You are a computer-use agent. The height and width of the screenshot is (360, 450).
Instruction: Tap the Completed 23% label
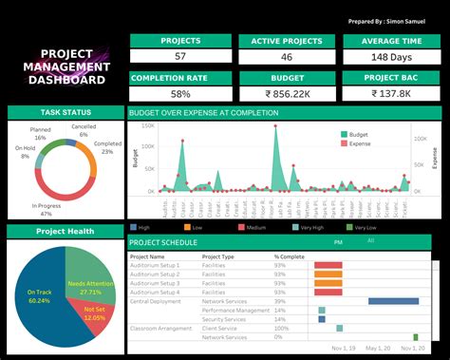pyautogui.click(x=107, y=147)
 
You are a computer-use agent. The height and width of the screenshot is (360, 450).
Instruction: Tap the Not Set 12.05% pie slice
pyautogui.click(x=95, y=313)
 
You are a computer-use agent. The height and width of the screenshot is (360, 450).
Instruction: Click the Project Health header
pyautogui.click(x=65, y=232)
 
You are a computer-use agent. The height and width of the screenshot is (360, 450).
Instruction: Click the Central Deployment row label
pyautogui.click(x=156, y=301)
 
